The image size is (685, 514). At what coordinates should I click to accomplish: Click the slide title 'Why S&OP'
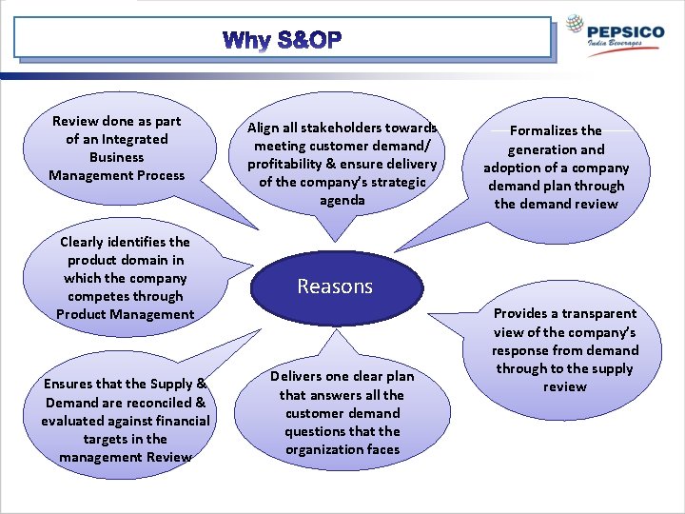(x=282, y=41)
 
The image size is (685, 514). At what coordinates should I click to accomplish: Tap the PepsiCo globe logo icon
(x=576, y=25)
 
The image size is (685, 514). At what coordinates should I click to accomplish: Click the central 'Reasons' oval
(x=335, y=287)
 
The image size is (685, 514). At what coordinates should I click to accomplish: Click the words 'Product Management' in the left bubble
(x=125, y=314)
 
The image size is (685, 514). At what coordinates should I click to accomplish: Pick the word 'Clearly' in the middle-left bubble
(x=85, y=242)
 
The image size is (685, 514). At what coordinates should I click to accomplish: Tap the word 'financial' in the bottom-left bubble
(x=180, y=421)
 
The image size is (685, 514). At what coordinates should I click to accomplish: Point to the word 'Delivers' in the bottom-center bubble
(x=299, y=377)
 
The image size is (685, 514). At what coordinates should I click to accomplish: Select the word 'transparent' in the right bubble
(x=599, y=313)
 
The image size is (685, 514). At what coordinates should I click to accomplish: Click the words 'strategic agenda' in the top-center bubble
(x=342, y=191)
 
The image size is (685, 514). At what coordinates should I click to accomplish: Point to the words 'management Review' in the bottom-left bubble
(x=125, y=457)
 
